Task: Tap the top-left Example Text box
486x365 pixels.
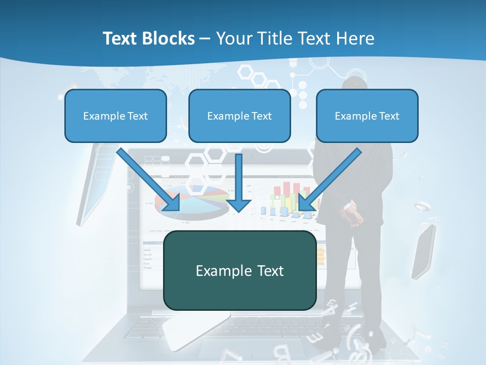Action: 115,116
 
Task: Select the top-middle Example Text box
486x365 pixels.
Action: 239,116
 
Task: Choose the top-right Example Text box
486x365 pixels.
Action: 367,116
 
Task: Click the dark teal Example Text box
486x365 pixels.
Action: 239,270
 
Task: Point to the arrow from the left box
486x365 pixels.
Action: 148,179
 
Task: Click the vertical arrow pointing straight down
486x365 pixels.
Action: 238,182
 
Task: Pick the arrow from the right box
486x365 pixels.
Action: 331,179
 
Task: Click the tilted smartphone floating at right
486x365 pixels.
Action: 423,251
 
